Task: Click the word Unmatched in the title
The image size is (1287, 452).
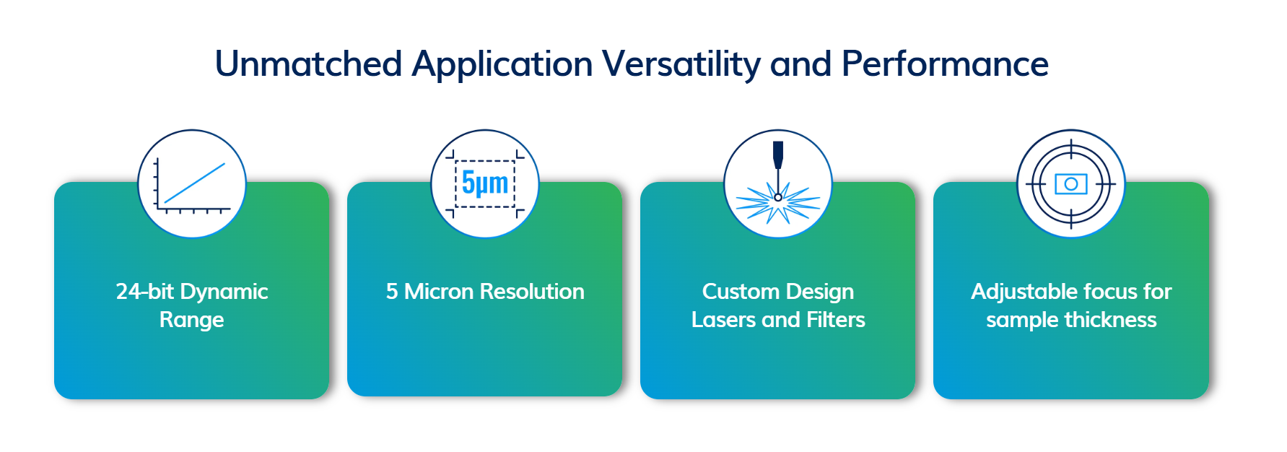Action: [309, 64]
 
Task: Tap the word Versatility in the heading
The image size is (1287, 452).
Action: [681, 65]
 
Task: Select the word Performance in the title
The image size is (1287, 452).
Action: [945, 64]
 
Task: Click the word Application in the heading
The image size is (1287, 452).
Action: [502, 65]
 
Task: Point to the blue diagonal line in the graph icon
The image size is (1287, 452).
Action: [194, 183]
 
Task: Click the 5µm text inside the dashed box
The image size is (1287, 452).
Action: [485, 183]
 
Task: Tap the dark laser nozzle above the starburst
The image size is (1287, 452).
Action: [778, 155]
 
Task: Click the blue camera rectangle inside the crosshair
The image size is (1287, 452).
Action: [1071, 184]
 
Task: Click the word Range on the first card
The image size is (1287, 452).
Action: [192, 320]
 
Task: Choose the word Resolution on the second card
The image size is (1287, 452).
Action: [532, 291]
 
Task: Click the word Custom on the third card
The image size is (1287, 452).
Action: [738, 291]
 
